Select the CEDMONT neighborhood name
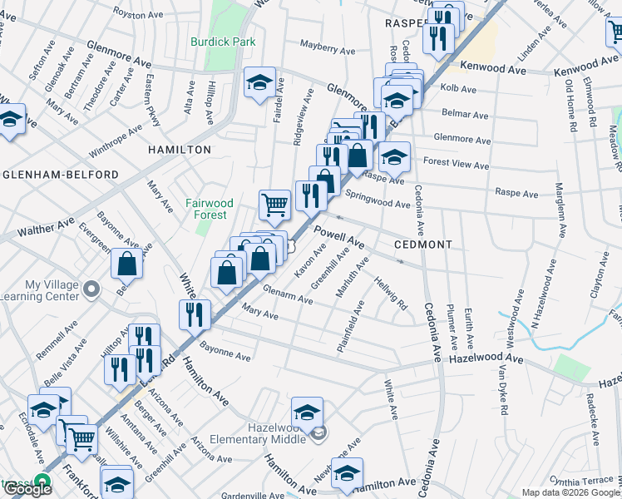point(424,245)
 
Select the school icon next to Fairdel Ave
point(259,82)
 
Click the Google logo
point(27,488)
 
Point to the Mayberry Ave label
point(325,49)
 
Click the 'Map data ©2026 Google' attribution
point(571,492)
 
